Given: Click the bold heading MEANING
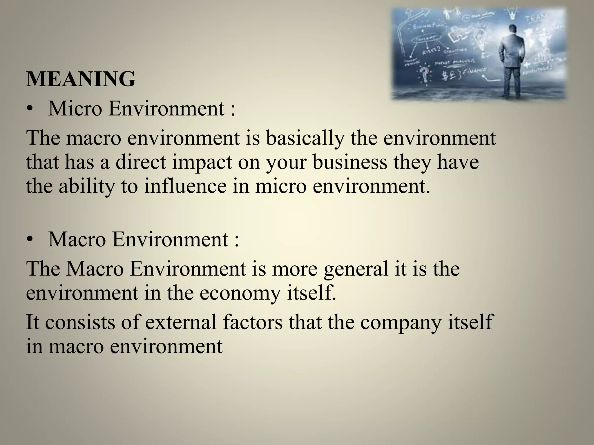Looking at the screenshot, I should [81, 79].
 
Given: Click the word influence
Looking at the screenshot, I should [185, 186].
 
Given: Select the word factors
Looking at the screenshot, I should [253, 322].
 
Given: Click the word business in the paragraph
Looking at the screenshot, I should [350, 162].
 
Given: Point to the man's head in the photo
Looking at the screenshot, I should [513, 30].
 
